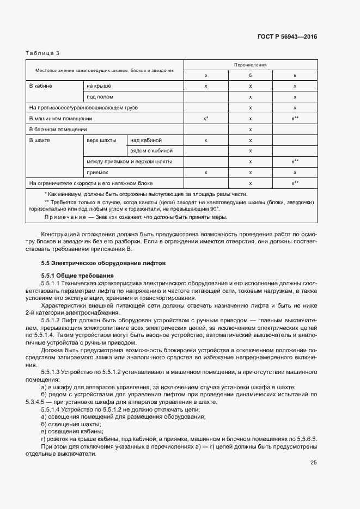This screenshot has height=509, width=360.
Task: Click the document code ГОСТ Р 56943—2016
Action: pyautogui.click(x=287, y=37)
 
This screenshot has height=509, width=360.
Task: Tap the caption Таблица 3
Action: pyautogui.click(x=42, y=53)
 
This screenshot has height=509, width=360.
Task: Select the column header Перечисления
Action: pyautogui.click(x=250, y=64)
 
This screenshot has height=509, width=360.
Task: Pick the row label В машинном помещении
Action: pyautogui.click(x=60, y=118)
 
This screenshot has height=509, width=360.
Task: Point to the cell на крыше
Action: pyautogui.click(x=99, y=86)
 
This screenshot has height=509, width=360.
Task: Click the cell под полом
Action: pyautogui.click(x=100, y=97)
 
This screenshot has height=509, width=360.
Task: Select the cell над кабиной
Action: pyautogui.click(x=146, y=140)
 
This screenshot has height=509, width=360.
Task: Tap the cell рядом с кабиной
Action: pyautogui.click(x=151, y=150)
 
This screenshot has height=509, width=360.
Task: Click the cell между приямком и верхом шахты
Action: pyautogui.click(x=129, y=162)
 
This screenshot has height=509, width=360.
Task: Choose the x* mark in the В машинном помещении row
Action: pyautogui.click(x=206, y=118)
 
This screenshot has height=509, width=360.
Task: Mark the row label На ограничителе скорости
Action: pyautogui.click(x=91, y=183)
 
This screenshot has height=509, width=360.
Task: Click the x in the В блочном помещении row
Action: pyautogui.click(x=250, y=129)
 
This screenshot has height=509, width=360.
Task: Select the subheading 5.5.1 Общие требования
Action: pyautogui.click(x=74, y=276)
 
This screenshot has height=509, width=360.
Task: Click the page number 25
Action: pyautogui.click(x=314, y=463)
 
